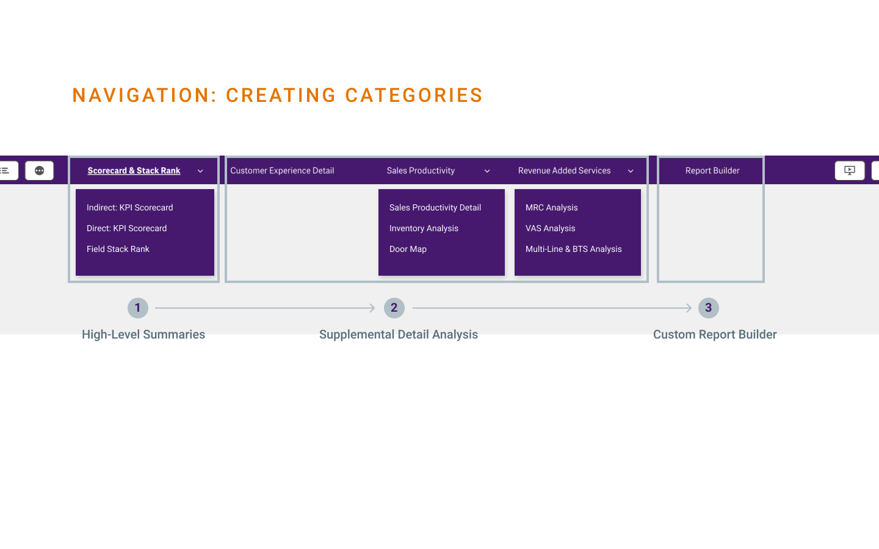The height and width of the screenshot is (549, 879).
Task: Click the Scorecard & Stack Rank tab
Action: (x=134, y=171)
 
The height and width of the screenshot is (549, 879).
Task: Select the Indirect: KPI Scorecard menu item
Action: (x=129, y=207)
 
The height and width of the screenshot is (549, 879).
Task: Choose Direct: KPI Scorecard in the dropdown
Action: (x=126, y=228)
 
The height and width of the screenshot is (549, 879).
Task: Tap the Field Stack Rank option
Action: (x=118, y=249)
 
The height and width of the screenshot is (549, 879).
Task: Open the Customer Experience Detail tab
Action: (x=282, y=171)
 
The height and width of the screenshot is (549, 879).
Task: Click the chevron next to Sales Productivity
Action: (x=487, y=171)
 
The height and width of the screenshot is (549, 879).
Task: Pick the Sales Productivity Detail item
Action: (x=435, y=207)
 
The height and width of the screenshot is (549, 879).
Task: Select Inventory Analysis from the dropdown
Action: (x=424, y=228)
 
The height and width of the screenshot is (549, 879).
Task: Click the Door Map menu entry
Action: (x=408, y=249)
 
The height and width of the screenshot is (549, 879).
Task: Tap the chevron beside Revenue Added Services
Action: (x=631, y=171)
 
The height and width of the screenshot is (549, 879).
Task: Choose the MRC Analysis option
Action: (x=551, y=207)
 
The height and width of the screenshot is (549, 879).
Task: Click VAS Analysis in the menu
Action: (x=550, y=228)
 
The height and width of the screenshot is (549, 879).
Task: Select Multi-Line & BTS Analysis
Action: (x=573, y=249)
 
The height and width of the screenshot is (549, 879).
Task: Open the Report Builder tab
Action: (x=712, y=171)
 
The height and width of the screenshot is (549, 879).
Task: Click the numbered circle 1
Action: (x=138, y=308)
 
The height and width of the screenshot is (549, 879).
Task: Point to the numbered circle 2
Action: (x=394, y=308)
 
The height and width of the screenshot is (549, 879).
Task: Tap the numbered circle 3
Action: (x=709, y=308)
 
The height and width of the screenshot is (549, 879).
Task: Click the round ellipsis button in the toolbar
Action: (x=40, y=171)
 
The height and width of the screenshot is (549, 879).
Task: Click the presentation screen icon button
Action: (x=849, y=171)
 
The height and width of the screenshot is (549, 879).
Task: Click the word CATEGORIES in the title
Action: (x=414, y=96)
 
